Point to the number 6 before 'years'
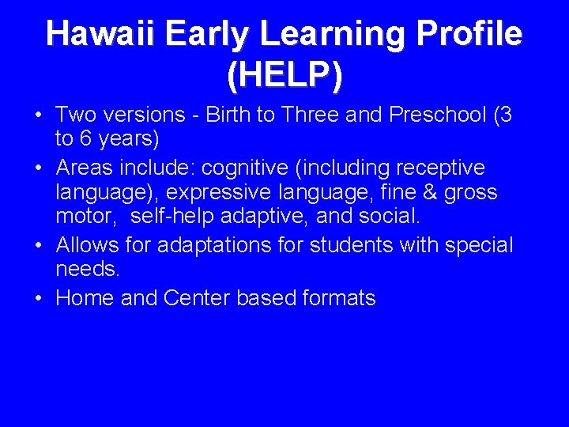coord(86,140)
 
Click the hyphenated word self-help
coord(168,217)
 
